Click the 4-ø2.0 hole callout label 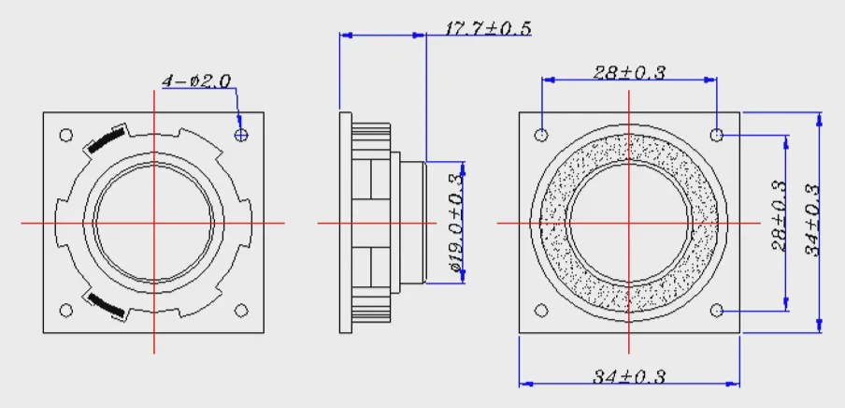click(196, 81)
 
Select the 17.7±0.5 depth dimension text click(488, 28)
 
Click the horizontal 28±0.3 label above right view click(629, 72)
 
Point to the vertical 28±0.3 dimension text click(780, 216)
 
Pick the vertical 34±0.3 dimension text click(812, 221)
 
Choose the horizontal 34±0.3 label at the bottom click(629, 376)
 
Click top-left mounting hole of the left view click(65, 135)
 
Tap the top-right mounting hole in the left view click(241, 135)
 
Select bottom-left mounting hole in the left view click(65, 311)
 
